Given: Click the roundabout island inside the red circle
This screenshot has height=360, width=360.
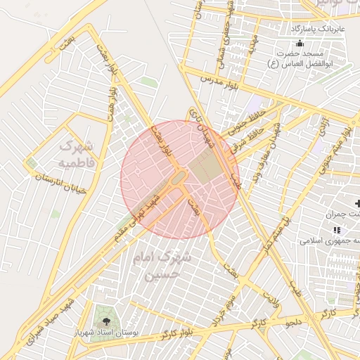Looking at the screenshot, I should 176,176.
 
